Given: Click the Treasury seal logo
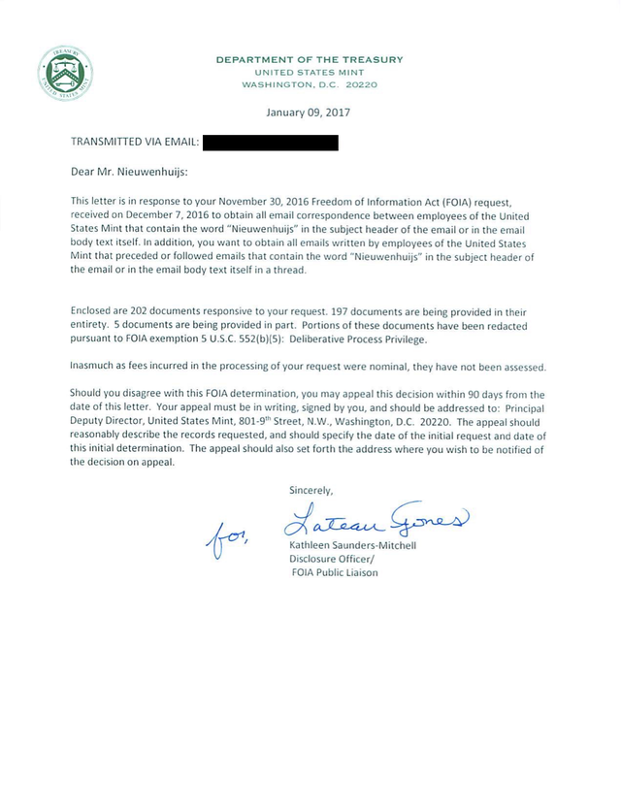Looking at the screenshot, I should pos(65,73).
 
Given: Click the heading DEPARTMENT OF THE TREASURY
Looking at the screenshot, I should pos(309,60).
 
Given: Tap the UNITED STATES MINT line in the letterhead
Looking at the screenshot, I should pos(309,73).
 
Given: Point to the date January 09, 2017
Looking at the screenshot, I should pos(309,112).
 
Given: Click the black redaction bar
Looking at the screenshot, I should pos(271,143).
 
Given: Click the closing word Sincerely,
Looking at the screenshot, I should pos(311,491).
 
